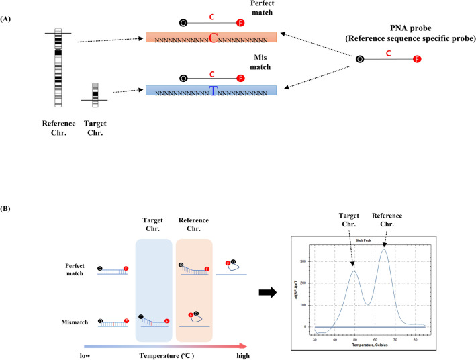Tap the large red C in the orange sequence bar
(212, 38)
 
